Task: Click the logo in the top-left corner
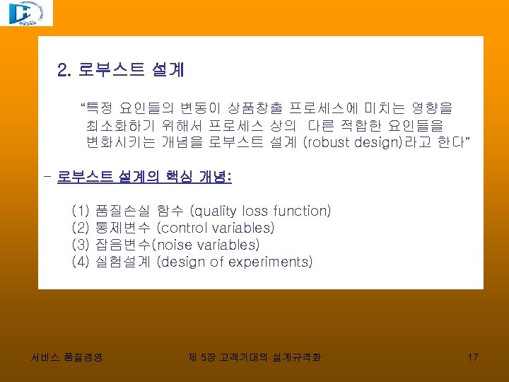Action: [x=26, y=13]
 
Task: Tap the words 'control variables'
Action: [x=216, y=228]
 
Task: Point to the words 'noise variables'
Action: [x=204, y=245]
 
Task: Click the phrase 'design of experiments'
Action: [x=234, y=262]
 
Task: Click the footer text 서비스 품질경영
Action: [x=67, y=357]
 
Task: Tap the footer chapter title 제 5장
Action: [x=197, y=357]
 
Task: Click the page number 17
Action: [x=473, y=357]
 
